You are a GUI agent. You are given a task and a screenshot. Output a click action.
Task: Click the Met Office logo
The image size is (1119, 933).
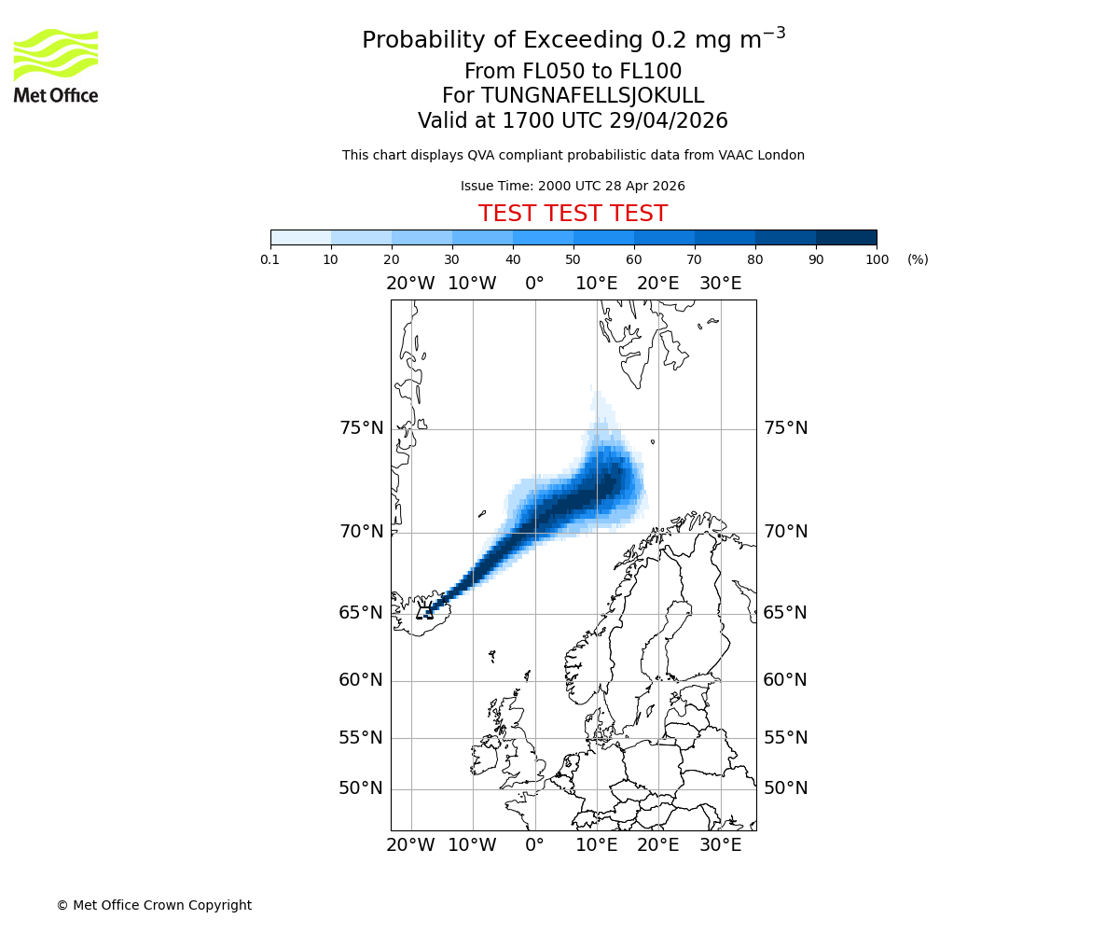point(56,65)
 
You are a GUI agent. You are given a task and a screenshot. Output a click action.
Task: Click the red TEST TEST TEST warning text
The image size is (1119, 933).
point(573,215)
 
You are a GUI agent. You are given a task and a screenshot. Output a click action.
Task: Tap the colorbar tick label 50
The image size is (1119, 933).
point(573,260)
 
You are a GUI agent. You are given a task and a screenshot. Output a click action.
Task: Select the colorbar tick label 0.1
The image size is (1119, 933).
point(270,260)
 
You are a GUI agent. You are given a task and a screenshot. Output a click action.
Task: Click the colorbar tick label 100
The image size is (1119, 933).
point(877,260)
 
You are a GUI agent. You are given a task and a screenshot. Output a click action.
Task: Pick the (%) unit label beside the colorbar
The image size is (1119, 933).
point(918,260)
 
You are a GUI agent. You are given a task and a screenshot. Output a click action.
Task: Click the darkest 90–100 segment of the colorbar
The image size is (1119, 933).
point(846,237)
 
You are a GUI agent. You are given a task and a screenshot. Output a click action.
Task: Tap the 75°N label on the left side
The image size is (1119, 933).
point(361,428)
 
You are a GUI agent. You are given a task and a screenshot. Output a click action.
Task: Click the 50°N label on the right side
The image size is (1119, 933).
point(785,788)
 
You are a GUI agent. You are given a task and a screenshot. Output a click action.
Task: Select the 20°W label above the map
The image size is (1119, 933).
point(410,284)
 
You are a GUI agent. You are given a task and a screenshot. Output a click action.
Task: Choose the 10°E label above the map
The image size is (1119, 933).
point(596,284)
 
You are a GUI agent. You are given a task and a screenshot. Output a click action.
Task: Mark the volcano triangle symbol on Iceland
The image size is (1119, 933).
point(425,613)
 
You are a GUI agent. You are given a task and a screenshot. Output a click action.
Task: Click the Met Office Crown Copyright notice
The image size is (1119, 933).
point(154,906)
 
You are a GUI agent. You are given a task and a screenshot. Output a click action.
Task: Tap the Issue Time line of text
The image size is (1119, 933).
point(573,187)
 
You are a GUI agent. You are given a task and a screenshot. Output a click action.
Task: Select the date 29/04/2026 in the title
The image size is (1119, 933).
point(669,121)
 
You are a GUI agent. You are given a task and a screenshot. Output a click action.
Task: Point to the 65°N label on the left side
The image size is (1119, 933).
point(361,613)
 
